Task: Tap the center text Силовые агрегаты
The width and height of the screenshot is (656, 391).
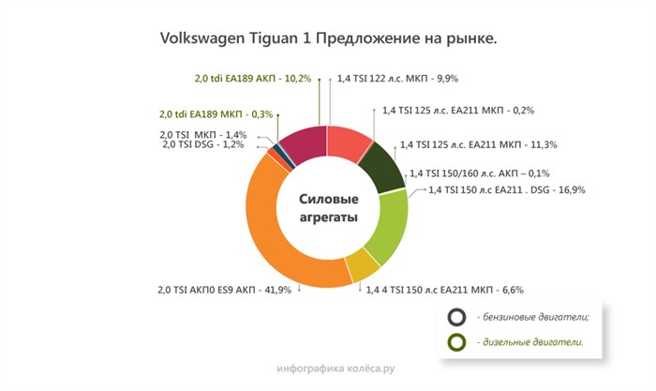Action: [x=328, y=207]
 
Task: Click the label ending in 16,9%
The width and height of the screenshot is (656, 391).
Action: [x=506, y=190]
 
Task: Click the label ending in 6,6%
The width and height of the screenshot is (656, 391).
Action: [x=444, y=291]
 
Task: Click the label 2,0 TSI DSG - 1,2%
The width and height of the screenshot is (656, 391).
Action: [x=203, y=144]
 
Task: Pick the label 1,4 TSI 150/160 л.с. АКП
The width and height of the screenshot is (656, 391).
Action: [x=479, y=173]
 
